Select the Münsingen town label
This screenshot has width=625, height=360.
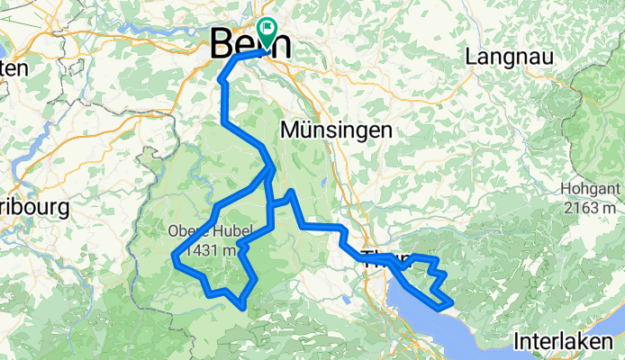(x=336, y=130)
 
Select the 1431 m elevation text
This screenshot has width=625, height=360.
(x=213, y=249)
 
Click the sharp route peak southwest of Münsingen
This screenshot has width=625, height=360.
(x=291, y=193)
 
